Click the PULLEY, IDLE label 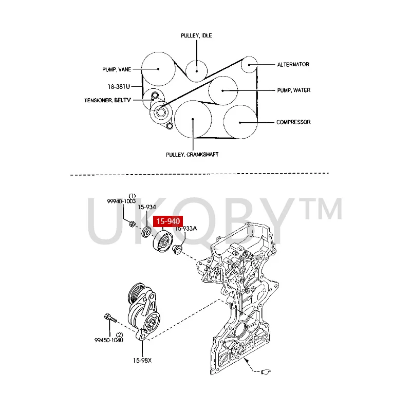coord(196,35)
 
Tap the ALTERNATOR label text coord(293,65)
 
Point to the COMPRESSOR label coord(293,122)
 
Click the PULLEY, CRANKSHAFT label coord(192,154)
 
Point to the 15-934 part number coord(146,207)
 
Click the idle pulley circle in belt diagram coord(196,69)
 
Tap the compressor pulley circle coord(240,122)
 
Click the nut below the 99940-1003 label coord(132,224)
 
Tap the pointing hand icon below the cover coord(265,371)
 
